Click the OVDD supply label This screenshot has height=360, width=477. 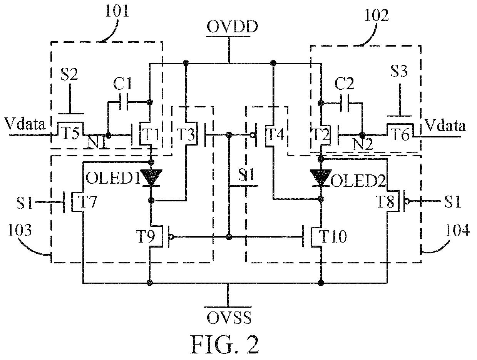(232, 27)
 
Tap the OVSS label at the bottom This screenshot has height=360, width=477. (229, 318)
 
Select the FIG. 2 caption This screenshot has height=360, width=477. (224, 345)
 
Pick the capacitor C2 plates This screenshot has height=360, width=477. (345, 103)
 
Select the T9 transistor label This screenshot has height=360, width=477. (146, 236)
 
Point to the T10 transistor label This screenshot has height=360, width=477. (333, 236)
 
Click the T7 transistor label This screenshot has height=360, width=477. (89, 202)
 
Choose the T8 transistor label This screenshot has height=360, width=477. (386, 201)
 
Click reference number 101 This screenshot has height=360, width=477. (117, 11)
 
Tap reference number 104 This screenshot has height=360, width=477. (457, 230)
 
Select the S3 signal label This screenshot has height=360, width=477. (399, 71)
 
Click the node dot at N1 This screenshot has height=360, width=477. (108, 135)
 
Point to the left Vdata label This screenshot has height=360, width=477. (25, 124)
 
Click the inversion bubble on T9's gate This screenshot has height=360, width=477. (171, 237)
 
